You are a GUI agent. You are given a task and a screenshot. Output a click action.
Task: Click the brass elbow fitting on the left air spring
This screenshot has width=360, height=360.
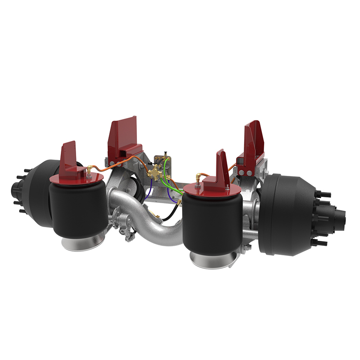tap(89, 169)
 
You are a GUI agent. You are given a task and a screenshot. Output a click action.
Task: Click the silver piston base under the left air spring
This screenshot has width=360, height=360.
tap(83, 242)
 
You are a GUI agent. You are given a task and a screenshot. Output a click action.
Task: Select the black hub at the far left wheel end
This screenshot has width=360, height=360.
tap(19, 190)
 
